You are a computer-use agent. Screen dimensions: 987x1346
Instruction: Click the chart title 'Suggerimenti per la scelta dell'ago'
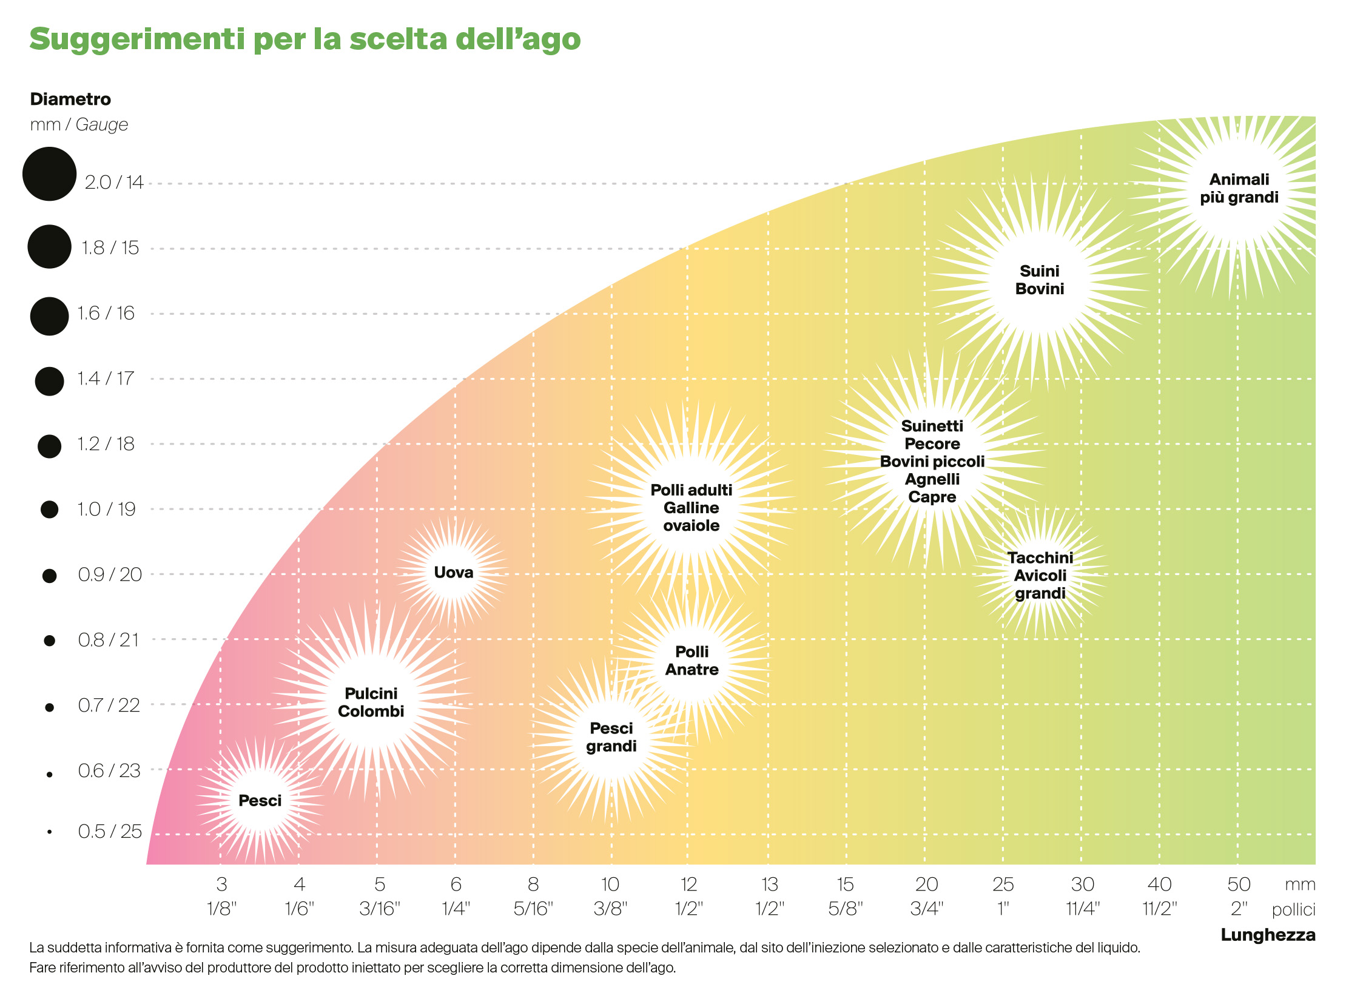(x=305, y=39)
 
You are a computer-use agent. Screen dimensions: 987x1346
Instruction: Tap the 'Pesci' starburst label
(x=260, y=801)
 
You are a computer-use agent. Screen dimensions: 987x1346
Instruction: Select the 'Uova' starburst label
(x=453, y=572)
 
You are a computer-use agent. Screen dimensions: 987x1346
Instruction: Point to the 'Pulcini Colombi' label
(x=371, y=702)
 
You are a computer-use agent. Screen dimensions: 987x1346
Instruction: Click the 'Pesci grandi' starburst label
(x=611, y=737)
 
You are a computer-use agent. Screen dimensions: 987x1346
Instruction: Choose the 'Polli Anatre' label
(x=692, y=661)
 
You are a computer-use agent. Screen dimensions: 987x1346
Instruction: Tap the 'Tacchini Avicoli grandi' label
(x=1040, y=575)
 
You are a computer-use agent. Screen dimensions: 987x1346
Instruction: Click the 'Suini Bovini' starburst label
(x=1039, y=280)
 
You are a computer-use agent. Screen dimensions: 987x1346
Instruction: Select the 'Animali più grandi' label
(x=1239, y=188)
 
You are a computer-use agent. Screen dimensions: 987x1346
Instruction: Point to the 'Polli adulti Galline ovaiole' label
(x=691, y=508)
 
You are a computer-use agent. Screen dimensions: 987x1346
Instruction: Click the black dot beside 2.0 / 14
(x=49, y=174)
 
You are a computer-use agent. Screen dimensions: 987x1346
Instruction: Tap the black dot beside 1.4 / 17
(x=49, y=381)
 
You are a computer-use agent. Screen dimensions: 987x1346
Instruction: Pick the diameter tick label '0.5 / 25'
(x=110, y=831)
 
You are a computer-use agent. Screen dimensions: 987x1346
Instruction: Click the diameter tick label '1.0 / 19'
(x=106, y=509)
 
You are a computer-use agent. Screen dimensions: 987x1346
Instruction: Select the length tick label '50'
(x=1239, y=884)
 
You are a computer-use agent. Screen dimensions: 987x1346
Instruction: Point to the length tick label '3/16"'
(x=380, y=909)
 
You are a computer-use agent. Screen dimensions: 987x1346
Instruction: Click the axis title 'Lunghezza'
(x=1268, y=935)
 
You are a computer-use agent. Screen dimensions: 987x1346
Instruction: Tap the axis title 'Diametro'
(x=70, y=99)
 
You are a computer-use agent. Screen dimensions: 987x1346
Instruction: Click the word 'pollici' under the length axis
(x=1293, y=909)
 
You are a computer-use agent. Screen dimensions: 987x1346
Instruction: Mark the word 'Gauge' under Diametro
(x=102, y=124)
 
